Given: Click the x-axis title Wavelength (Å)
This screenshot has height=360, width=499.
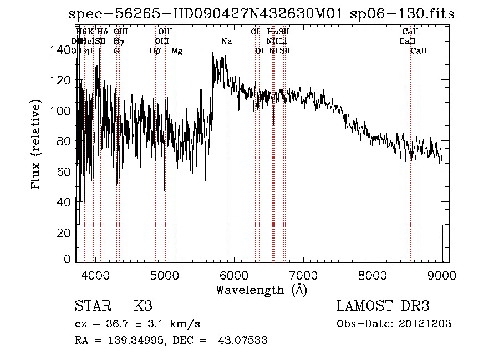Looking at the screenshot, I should tap(261, 290).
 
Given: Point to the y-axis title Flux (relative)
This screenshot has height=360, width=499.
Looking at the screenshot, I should tap(37, 145).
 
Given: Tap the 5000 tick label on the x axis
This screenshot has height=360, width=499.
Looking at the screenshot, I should tap(164, 275).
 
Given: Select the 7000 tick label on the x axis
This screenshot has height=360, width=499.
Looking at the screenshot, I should tap(303, 275).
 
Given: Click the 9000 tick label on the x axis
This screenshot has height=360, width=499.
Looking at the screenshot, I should tap(442, 275).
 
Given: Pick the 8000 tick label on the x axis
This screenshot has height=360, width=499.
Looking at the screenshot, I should tap(373, 275).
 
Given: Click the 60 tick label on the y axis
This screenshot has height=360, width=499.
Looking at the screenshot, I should tap(64, 172).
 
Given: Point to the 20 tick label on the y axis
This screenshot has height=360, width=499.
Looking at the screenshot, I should tap(64, 233).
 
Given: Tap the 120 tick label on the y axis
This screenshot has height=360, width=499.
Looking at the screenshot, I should tap(62, 80).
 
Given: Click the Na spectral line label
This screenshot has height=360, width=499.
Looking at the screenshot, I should tap(226, 41).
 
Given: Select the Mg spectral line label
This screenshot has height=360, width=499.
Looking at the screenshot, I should tap(177, 50).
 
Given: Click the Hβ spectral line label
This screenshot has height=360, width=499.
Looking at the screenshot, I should tap(155, 50).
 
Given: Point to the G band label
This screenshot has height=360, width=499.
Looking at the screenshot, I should tap(116, 50).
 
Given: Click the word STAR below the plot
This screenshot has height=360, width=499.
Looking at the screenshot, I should tap(91, 306).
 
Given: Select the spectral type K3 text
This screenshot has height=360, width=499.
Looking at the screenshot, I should tap(142, 306).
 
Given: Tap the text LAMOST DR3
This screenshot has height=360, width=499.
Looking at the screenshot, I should tap(383, 306).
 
